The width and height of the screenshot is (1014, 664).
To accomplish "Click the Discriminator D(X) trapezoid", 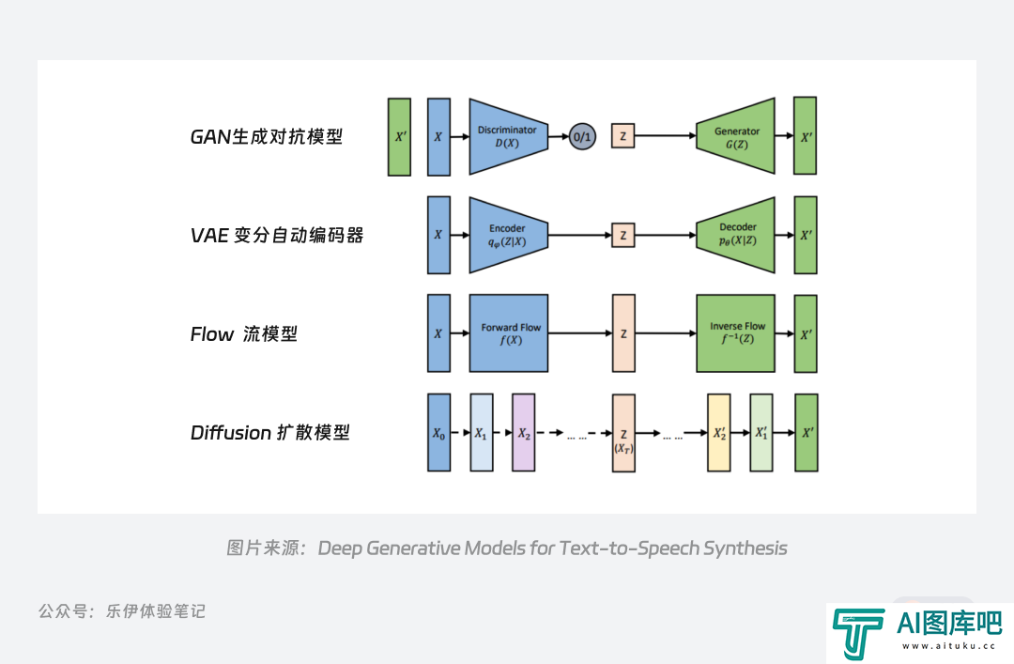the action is pyautogui.click(x=508, y=136).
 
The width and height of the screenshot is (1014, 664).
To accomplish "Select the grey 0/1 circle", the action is pyautogui.click(x=582, y=136).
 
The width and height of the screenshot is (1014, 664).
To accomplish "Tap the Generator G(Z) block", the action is pyautogui.click(x=736, y=136).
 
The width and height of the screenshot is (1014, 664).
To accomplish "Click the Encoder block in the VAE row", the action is pyautogui.click(x=508, y=235).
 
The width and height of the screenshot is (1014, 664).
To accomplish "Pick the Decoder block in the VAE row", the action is pyautogui.click(x=736, y=235).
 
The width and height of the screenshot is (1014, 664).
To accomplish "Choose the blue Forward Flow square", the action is pyautogui.click(x=509, y=333).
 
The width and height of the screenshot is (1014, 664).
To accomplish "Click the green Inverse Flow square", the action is pyautogui.click(x=736, y=333).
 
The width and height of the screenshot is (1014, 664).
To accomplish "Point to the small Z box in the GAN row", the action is pyautogui.click(x=622, y=136).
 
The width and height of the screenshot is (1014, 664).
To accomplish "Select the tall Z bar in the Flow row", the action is pyautogui.click(x=623, y=333).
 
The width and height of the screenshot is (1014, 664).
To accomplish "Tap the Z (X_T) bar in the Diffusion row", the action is pyautogui.click(x=623, y=433).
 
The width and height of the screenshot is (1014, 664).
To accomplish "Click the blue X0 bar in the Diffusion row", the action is pyautogui.click(x=439, y=432).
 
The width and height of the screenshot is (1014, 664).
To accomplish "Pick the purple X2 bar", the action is pyautogui.click(x=524, y=432).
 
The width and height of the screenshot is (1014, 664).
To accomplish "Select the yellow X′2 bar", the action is pyautogui.click(x=719, y=432).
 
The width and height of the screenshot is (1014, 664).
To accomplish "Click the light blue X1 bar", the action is pyautogui.click(x=481, y=432).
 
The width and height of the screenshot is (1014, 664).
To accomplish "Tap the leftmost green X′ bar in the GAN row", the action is pyautogui.click(x=399, y=136).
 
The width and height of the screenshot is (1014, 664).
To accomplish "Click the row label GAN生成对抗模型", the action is pyautogui.click(x=267, y=136).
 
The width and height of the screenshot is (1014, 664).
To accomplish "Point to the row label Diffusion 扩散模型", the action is pyautogui.click(x=270, y=432).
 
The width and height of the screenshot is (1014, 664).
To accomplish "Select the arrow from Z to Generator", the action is pyautogui.click(x=666, y=136).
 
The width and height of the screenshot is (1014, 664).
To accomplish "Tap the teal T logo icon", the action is pyautogui.click(x=857, y=633).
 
